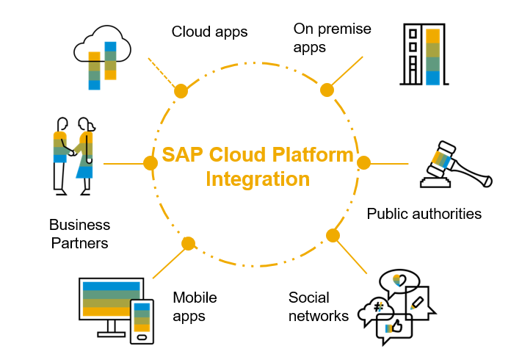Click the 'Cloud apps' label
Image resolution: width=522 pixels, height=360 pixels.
click(x=209, y=32)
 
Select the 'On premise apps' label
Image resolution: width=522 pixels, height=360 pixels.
click(x=332, y=38)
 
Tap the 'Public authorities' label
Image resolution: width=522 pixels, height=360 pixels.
click(x=424, y=214)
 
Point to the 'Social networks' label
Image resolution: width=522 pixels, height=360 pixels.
click(x=318, y=307)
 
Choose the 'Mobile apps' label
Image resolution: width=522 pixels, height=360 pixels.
click(x=195, y=307)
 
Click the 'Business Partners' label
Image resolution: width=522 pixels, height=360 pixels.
click(x=80, y=234)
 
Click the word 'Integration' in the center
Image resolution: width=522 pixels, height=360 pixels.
click(x=258, y=179)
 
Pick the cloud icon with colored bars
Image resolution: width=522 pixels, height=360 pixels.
click(x=102, y=58)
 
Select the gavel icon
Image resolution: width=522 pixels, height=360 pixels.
click(x=451, y=167)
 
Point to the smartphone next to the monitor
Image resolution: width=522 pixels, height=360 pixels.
click(x=142, y=321)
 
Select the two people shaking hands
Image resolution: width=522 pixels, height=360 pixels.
click(x=74, y=155)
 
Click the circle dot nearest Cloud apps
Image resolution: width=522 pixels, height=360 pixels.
click(x=180, y=90)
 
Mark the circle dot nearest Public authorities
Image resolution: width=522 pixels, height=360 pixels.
click(x=364, y=162)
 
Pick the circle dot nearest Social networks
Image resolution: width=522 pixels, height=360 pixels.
click(x=333, y=236)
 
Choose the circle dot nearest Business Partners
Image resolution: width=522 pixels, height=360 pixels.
click(x=150, y=162)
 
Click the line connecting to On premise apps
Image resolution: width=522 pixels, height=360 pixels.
click(x=346, y=72)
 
